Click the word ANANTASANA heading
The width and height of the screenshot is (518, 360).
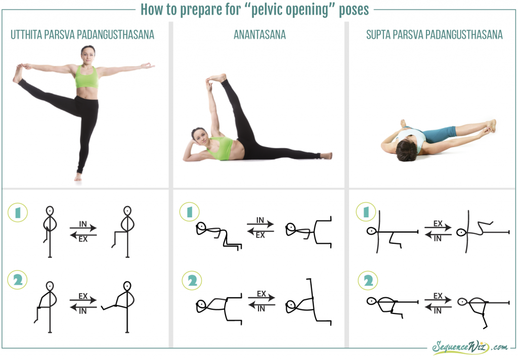pos(260,35)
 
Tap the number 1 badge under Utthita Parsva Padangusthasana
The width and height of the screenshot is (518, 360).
pos(18,212)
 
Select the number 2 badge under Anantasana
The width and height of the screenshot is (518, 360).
pos(192,281)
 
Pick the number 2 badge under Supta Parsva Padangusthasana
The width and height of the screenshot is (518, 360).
pos(368,281)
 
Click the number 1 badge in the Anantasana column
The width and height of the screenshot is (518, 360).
pos(190,212)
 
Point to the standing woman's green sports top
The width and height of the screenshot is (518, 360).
pos(87,77)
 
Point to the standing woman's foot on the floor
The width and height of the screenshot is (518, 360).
pos(78,177)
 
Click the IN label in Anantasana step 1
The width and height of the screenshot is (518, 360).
pos(261,220)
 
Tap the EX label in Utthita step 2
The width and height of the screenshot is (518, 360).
pos(83,296)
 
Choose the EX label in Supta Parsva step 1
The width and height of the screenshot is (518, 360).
pos(438,223)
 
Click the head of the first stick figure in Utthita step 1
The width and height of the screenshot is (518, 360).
pos(50,211)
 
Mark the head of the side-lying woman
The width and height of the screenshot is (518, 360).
pos(200,135)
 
